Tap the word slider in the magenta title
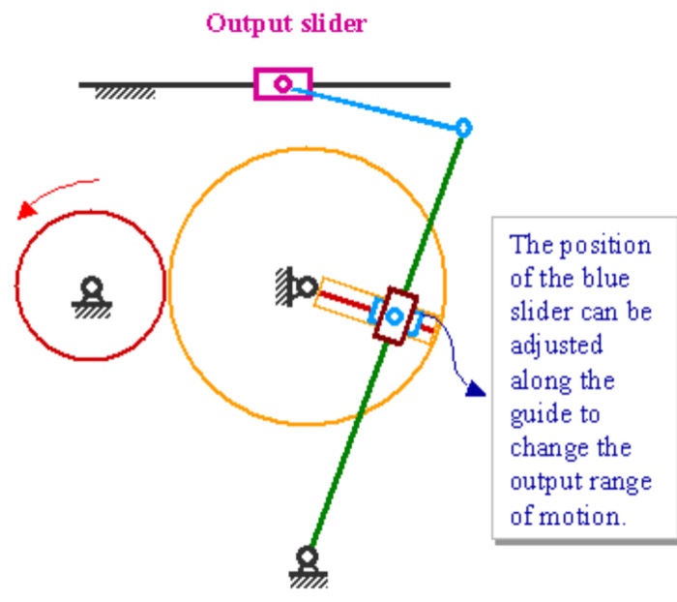329,24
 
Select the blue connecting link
377,106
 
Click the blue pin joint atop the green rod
463,127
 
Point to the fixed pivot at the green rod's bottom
308,558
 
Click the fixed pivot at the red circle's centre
91,287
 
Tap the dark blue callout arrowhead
474,388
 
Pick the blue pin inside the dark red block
395,316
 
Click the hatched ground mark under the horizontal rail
125,94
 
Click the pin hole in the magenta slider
282,84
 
